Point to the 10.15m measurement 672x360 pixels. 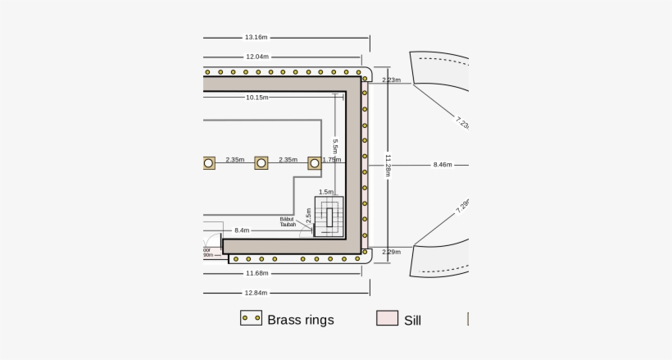coord(257,98)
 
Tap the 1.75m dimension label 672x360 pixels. coord(331,160)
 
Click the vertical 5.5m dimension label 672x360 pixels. coord(335,146)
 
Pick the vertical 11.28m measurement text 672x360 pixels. coord(388,165)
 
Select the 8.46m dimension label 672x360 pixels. coord(443,165)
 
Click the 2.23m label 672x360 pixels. coord(391,80)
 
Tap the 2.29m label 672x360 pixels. coord(391,252)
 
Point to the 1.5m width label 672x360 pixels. coord(326,192)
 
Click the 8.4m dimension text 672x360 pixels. coord(242,231)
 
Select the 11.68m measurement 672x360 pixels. coord(257,273)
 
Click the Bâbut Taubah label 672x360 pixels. coord(287,221)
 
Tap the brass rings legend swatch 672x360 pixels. coord(251,318)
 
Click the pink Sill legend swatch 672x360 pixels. coord(387,318)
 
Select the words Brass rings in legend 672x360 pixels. coord(301,320)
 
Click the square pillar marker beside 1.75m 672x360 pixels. coord(315,163)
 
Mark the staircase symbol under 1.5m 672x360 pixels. coord(329,216)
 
